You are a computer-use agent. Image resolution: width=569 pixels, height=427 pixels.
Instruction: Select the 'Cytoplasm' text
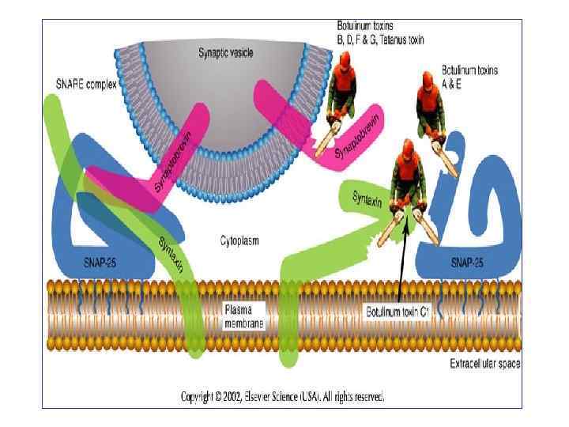[x=239, y=240]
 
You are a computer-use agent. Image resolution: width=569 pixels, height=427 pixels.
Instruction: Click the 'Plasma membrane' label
[x=244, y=316]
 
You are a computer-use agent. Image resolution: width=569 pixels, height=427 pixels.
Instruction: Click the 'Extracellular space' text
[x=485, y=365]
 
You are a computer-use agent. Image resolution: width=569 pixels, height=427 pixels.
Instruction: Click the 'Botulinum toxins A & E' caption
[x=469, y=77]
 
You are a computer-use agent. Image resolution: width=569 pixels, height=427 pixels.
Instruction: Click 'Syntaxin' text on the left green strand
[x=172, y=254]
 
